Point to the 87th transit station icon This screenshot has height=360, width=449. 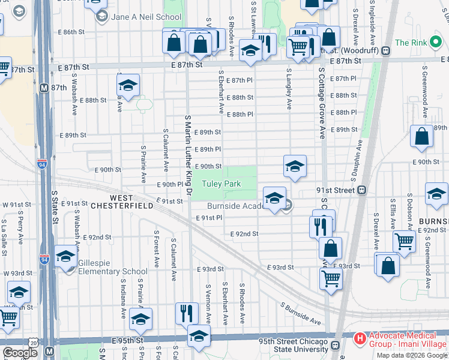44,87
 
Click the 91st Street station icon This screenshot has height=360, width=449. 362,190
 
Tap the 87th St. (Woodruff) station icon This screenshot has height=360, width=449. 385,52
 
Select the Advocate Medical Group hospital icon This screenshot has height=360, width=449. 360,339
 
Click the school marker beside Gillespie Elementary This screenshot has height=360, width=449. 65,257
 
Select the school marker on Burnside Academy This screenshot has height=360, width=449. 274,198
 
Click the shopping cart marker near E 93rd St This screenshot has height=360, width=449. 331,279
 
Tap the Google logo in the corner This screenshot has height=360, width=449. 19,353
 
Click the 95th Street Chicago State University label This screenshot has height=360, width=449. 293,346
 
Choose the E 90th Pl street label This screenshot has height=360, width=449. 170,184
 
